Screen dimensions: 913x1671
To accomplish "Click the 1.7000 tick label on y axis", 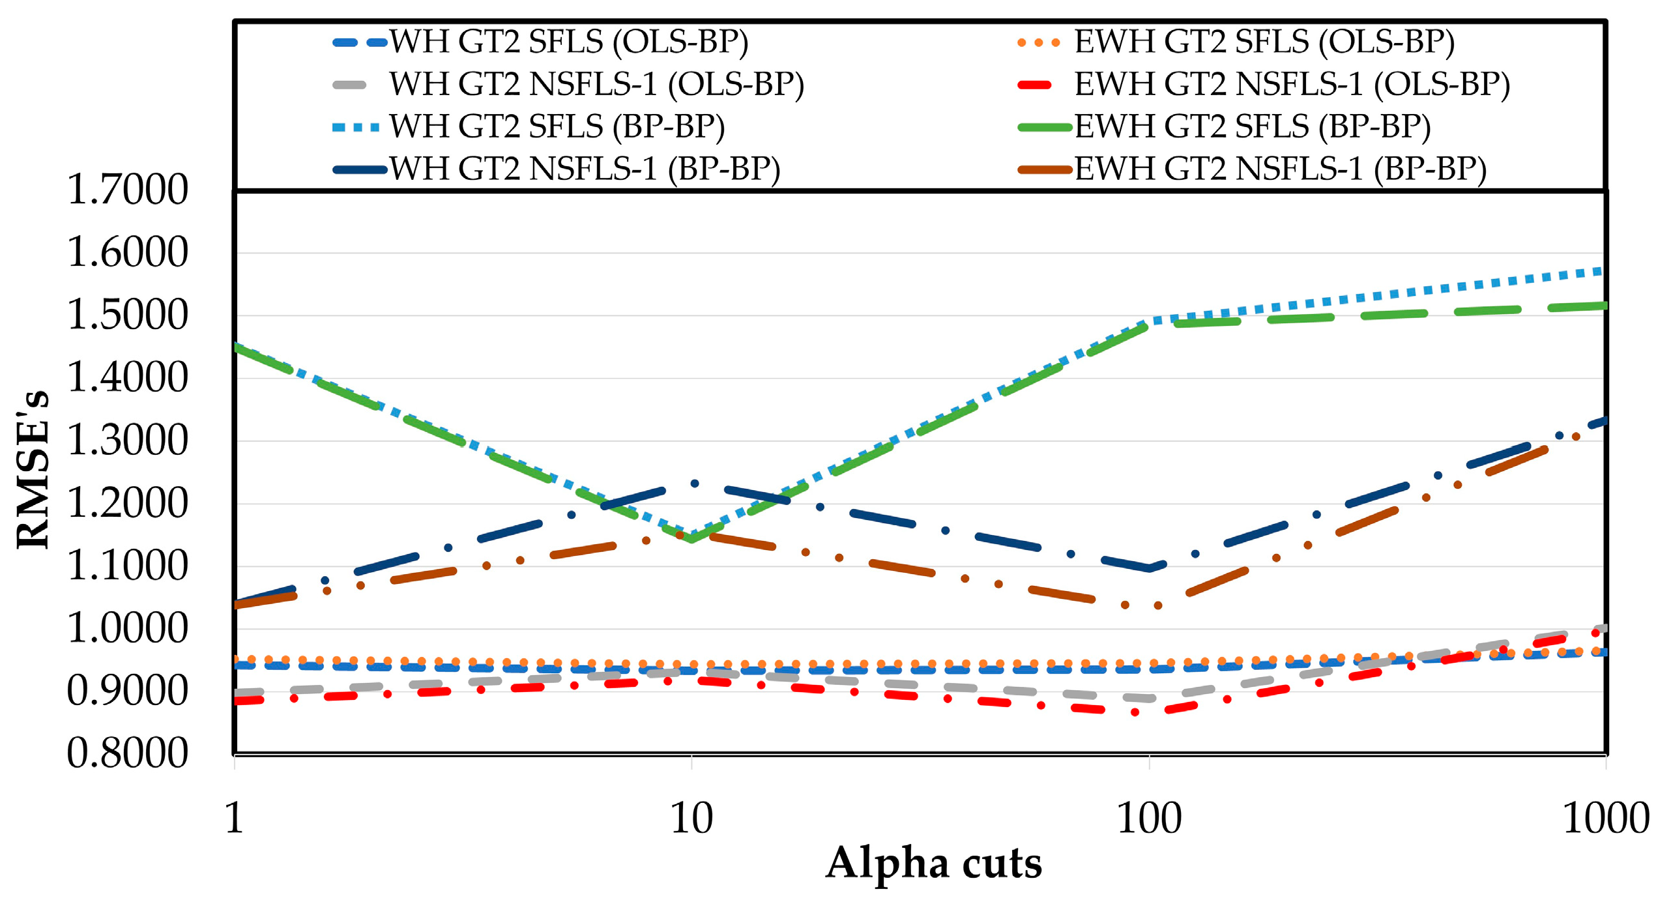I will pyautogui.click(x=128, y=190).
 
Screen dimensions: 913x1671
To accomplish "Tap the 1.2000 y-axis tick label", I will pyautogui.click(x=128, y=503).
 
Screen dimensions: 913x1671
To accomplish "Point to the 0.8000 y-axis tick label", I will pyautogui.click(x=128, y=753).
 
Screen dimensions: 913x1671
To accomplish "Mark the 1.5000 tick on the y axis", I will pyautogui.click(x=128, y=315).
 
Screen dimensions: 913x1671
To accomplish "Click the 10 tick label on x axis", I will pyautogui.click(x=691, y=819).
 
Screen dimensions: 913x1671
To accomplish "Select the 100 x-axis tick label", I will pyautogui.click(x=1149, y=819).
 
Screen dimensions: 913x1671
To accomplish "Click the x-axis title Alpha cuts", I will pyautogui.click(x=933, y=864).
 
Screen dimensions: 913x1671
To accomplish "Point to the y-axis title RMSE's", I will pyautogui.click(x=33, y=469).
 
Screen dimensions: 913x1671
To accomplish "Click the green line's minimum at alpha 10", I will pyautogui.click(x=691, y=538).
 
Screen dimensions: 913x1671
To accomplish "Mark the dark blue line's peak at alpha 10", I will pyautogui.click(x=695, y=484).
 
